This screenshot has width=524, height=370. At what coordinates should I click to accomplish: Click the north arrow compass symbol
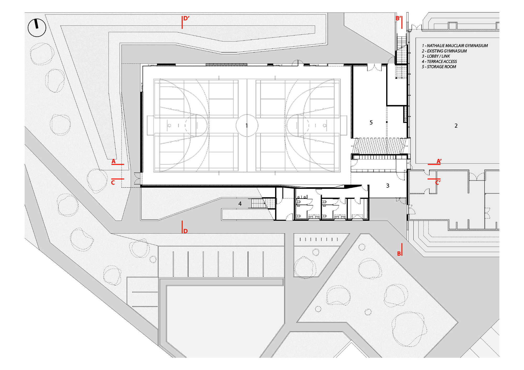click(x=37, y=27)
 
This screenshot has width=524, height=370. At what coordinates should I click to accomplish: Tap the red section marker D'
click(x=186, y=19)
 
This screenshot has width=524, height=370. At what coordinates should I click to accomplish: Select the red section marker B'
click(x=398, y=19)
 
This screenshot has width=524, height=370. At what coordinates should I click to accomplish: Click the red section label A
click(x=113, y=161)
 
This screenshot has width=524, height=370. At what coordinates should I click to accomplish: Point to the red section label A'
click(x=439, y=161)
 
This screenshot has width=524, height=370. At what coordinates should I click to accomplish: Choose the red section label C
click(x=113, y=183)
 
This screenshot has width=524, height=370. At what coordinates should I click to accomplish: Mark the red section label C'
click(x=438, y=183)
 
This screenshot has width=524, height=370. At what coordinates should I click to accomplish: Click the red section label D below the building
click(x=185, y=231)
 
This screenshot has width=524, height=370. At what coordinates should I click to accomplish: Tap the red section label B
click(x=399, y=254)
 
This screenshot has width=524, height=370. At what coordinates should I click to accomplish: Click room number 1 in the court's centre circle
click(x=247, y=126)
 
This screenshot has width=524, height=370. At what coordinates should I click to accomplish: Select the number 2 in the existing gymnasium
click(x=456, y=126)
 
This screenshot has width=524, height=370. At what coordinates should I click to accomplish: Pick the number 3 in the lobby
click(x=388, y=186)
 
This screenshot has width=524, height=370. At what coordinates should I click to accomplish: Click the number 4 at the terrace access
click(x=240, y=204)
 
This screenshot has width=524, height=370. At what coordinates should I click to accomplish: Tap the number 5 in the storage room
click(x=371, y=122)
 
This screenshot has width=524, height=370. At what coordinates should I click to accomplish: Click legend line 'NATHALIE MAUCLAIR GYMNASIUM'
click(x=455, y=46)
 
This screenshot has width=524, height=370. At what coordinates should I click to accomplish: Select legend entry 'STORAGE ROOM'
click(x=439, y=67)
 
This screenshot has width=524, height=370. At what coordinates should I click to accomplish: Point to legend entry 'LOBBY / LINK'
click(x=436, y=56)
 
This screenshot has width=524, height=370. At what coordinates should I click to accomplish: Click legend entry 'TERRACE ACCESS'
click(x=439, y=61)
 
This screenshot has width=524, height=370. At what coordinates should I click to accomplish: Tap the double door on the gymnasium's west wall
click(x=137, y=178)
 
